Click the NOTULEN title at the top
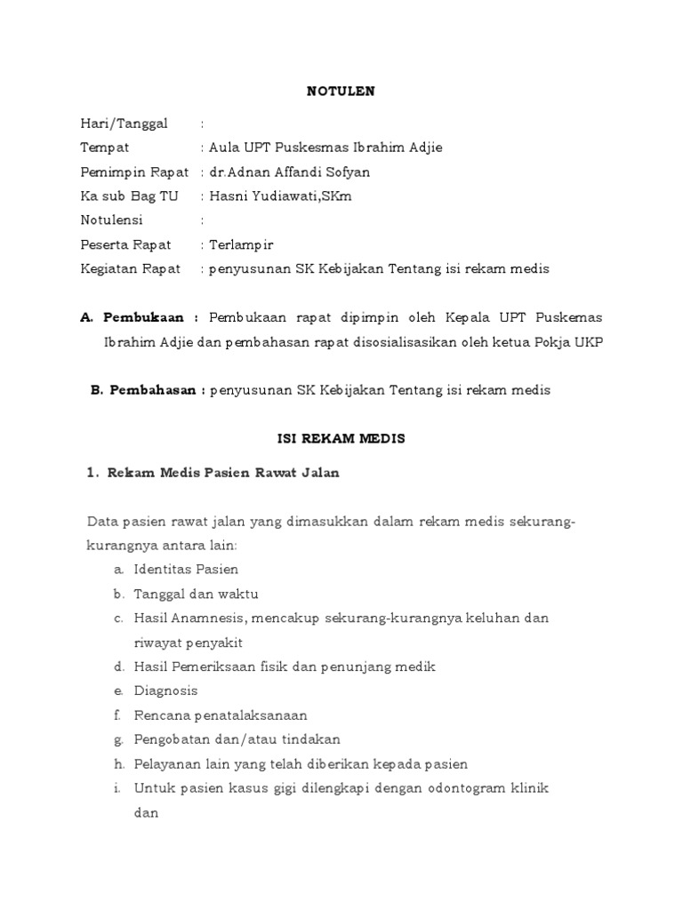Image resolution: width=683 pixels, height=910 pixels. click(x=341, y=91)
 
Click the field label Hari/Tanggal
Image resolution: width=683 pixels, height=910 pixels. click(x=124, y=124)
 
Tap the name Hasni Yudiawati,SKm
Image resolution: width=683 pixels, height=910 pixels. click(x=280, y=196)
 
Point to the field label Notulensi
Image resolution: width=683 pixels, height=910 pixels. click(x=111, y=220)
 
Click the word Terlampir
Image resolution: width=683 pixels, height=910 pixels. click(x=242, y=243)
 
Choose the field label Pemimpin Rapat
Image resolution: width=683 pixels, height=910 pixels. click(x=134, y=172)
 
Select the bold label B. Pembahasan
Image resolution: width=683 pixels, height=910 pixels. click(x=149, y=389)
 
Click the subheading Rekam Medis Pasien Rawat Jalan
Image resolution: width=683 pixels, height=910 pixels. click(x=223, y=473)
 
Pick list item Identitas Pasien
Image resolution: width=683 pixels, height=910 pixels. click(x=186, y=569)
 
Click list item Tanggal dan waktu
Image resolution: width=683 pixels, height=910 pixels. click(x=196, y=594)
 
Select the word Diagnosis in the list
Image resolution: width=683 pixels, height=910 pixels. click(x=166, y=690)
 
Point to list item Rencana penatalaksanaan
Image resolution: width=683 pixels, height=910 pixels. click(x=221, y=714)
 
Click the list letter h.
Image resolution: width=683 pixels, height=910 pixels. click(x=118, y=763)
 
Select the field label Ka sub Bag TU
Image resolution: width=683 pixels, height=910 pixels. click(x=124, y=196)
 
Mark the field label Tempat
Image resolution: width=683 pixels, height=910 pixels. click(x=105, y=148)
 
